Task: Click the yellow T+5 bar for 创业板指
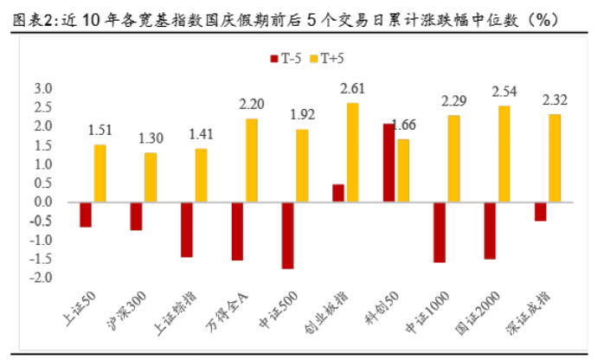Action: coord(351,152)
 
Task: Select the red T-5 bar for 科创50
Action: coord(389,163)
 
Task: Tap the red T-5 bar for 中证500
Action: coord(288,235)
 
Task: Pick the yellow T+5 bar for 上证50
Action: coord(100,173)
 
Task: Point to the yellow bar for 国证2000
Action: coord(504,154)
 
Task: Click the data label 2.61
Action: coord(353,88)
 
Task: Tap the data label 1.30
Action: coord(151,138)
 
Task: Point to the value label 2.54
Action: coord(504,91)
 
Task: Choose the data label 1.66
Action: coord(405,124)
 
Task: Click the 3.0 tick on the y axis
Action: coord(43,89)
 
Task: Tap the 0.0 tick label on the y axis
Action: coord(43,202)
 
